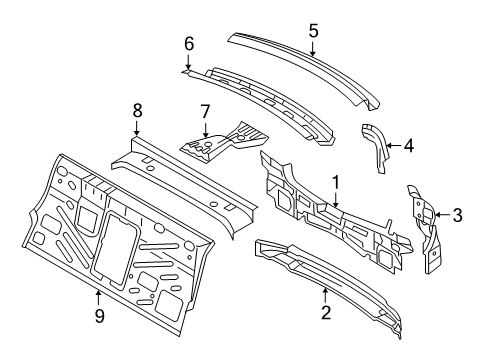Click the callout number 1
(336, 183)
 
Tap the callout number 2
(326, 313)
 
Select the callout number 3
(457, 215)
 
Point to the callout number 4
(409, 146)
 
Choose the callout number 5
(313, 31)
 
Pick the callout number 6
(189, 44)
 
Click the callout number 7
(205, 111)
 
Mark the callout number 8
(137, 110)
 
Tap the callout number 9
(99, 315)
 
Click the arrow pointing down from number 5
(312, 48)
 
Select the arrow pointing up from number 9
(98, 298)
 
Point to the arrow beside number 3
(443, 215)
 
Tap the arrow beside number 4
(394, 145)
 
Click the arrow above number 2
(325, 296)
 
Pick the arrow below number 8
(136, 128)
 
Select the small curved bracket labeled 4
(375, 148)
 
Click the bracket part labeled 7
(224, 142)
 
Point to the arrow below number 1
(336, 200)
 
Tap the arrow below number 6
(188, 61)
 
